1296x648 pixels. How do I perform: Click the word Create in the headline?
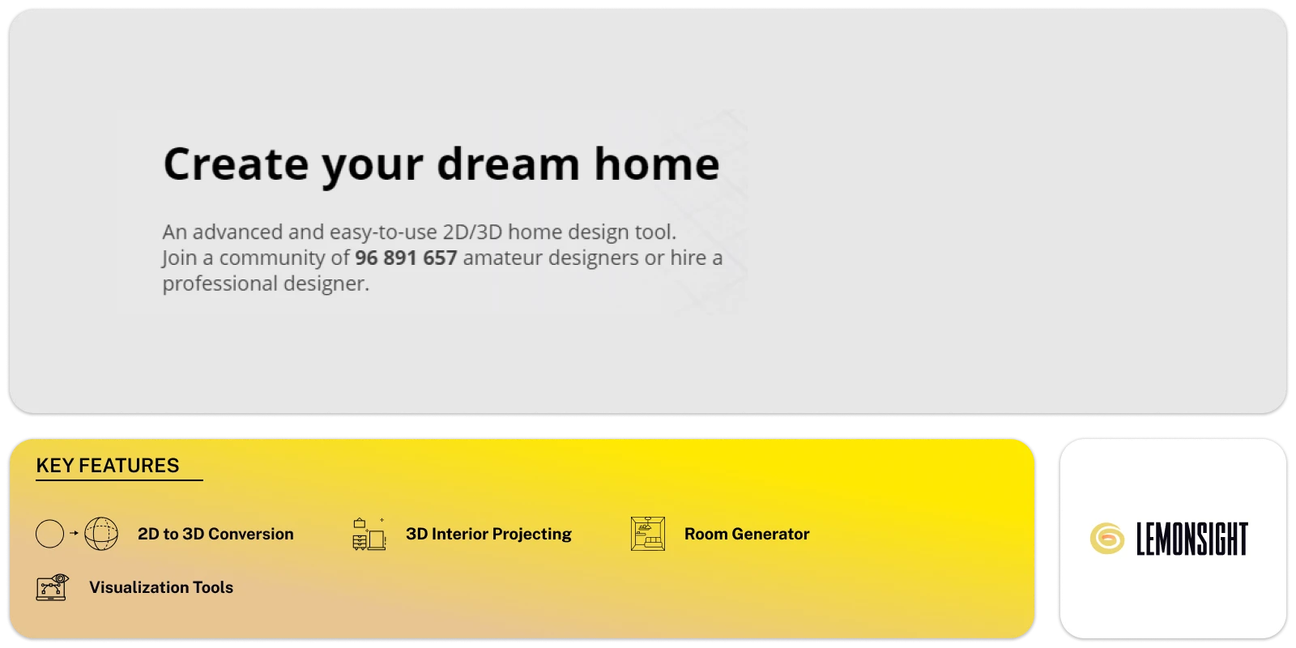(x=236, y=164)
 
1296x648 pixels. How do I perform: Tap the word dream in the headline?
(x=508, y=164)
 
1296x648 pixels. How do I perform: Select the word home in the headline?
(x=657, y=164)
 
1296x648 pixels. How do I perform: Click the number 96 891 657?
(x=406, y=258)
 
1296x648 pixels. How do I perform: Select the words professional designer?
(x=266, y=283)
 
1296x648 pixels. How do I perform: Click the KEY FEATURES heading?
(x=108, y=466)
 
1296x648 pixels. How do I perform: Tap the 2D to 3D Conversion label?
(x=215, y=534)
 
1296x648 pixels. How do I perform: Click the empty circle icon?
(x=50, y=534)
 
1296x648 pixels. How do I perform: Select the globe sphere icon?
(x=101, y=534)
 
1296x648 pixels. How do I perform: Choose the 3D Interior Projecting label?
(x=488, y=534)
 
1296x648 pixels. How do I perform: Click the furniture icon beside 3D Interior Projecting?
(x=369, y=535)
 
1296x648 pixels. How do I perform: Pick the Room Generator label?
(x=747, y=534)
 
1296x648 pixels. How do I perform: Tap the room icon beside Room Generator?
(x=648, y=534)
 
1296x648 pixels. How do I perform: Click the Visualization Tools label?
(x=161, y=587)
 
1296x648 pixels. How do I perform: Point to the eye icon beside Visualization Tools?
(x=53, y=587)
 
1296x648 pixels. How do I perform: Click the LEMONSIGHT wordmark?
(x=1192, y=539)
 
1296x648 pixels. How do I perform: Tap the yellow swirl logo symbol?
(x=1107, y=539)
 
